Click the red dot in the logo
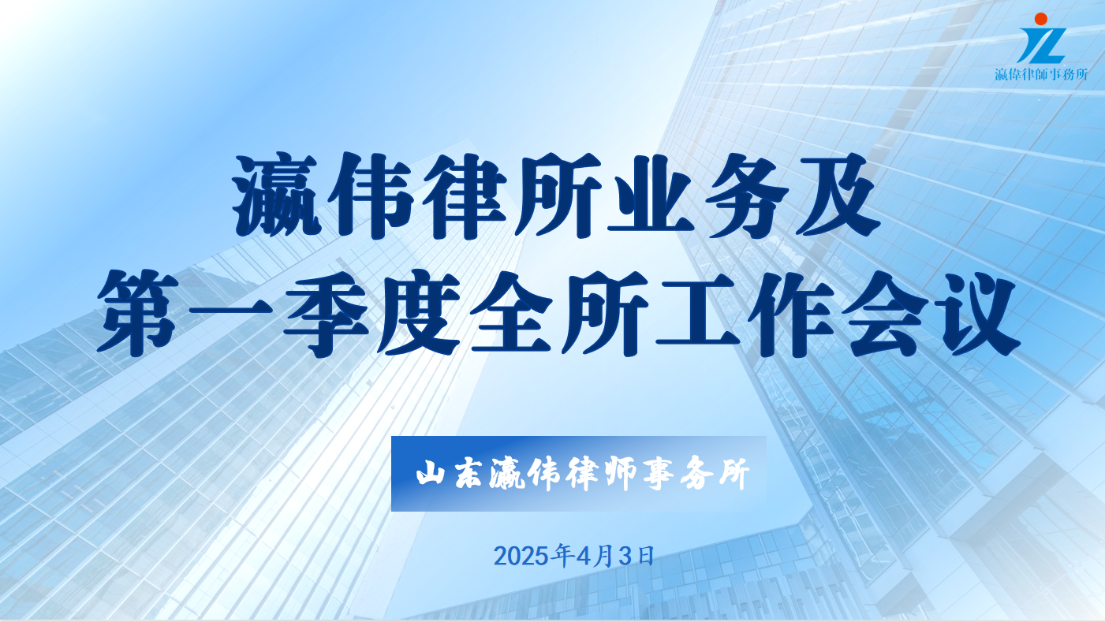tap(1041, 19)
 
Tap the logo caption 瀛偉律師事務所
tap(1041, 74)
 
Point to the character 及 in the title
tap(834, 196)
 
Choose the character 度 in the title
tap(418, 313)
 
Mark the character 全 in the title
tap(511, 312)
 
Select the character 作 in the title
tap(790, 313)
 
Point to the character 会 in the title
tap(884, 313)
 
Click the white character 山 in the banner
tap(431, 474)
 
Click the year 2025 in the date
tap(521, 557)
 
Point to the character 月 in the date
tap(603, 556)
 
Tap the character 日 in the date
tap(646, 556)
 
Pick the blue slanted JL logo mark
tap(1043, 45)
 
